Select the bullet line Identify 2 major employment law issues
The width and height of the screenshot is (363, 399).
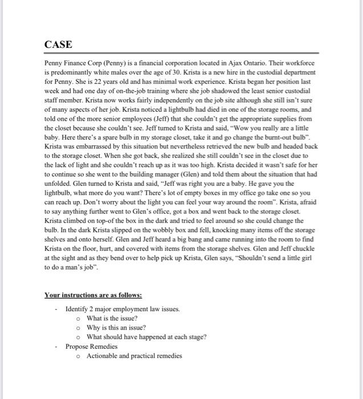coord(123,309)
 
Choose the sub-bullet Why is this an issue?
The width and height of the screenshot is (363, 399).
coord(116,328)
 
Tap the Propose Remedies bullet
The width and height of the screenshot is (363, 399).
coord(91,346)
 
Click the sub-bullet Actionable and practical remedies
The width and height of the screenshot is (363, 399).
coord(134,356)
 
